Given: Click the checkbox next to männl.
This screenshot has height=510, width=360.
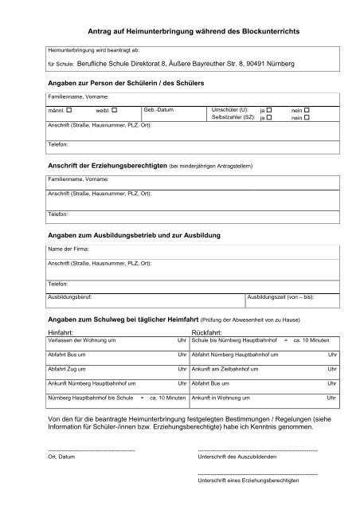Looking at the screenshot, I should (69, 109).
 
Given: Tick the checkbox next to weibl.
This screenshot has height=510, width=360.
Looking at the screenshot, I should (115, 109).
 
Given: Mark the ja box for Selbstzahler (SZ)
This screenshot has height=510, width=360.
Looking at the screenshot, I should (269, 117).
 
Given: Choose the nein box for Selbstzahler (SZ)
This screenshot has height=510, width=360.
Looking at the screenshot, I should (307, 117).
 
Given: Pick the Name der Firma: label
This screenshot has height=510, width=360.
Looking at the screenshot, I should (68, 249).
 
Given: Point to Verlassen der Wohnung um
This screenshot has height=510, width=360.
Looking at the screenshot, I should (84, 339).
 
